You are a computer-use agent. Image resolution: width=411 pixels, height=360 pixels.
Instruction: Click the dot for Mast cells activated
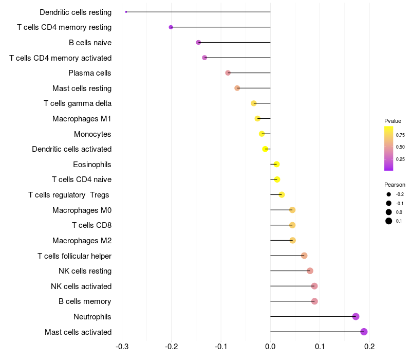click(x=364, y=332)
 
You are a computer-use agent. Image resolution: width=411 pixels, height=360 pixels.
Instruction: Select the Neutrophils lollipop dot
click(x=356, y=316)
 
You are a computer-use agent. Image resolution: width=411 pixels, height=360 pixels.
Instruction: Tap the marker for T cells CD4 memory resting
click(x=171, y=27)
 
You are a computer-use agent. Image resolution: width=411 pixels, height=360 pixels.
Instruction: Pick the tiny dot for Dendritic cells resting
click(x=126, y=12)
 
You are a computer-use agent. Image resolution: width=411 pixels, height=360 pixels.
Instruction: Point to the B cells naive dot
click(x=198, y=42)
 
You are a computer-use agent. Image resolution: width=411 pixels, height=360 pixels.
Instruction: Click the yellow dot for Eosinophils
click(x=276, y=164)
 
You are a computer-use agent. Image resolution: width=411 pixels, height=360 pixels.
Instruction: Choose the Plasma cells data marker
click(x=228, y=73)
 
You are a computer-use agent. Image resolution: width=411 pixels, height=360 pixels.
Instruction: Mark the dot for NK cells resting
click(x=310, y=271)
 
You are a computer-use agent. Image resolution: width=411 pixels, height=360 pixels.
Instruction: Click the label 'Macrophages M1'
click(x=82, y=119)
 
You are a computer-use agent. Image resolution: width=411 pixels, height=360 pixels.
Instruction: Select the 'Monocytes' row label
click(x=92, y=134)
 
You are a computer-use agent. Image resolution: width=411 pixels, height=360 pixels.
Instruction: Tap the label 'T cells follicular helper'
click(x=74, y=256)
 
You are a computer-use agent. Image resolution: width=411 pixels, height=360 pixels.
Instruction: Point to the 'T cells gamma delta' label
click(x=78, y=103)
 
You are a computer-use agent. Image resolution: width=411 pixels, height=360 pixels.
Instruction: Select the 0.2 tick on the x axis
click(x=369, y=346)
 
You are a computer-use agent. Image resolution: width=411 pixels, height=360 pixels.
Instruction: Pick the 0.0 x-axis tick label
click(x=270, y=346)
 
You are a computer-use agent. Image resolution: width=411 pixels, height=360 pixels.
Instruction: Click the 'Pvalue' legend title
click(x=393, y=121)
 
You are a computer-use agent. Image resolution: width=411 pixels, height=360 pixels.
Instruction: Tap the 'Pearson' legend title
click(x=395, y=185)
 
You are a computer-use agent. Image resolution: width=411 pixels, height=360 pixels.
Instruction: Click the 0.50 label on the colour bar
click(x=400, y=147)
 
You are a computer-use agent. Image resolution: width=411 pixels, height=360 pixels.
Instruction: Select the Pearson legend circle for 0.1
click(x=389, y=221)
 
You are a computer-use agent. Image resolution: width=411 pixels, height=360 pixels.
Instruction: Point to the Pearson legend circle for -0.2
click(x=389, y=194)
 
